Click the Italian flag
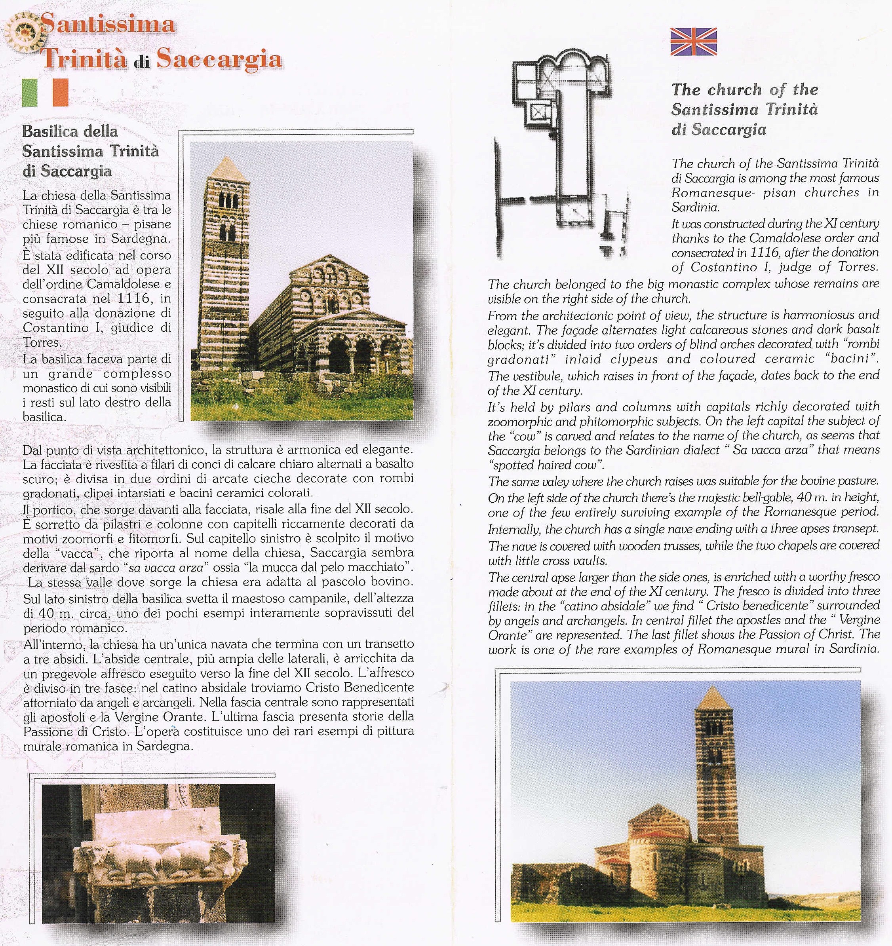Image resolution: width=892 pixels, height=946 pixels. pos(45,92)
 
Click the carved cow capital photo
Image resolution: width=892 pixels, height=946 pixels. pos(158,852)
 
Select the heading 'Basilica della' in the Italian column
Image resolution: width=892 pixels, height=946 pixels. pos(70,131)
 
